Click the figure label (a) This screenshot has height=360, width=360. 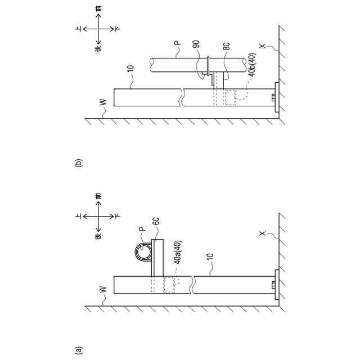click(x=78, y=349)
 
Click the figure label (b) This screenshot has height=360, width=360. click(x=78, y=164)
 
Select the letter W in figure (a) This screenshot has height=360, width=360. click(x=101, y=289)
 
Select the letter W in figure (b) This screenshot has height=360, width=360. click(x=101, y=103)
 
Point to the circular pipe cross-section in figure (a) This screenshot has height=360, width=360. click(x=142, y=253)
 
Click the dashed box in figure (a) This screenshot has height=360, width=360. click(x=169, y=283)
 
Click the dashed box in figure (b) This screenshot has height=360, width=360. click(x=229, y=97)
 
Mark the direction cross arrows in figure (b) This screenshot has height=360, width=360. click(x=100, y=28)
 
